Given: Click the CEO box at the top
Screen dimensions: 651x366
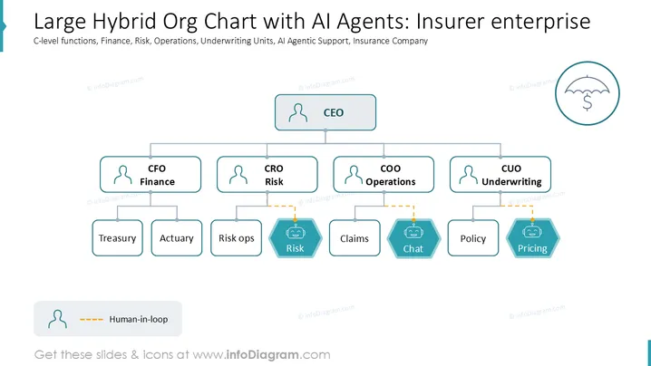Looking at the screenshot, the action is [x=325, y=112].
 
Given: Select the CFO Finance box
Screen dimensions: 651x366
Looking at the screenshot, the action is [x=151, y=174].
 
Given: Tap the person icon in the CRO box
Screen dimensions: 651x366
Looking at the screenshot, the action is [x=238, y=175].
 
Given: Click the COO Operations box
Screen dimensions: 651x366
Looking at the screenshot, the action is [x=384, y=174].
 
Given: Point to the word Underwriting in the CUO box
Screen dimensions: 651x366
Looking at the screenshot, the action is [x=511, y=182].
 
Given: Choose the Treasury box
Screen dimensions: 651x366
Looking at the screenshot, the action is [x=118, y=237].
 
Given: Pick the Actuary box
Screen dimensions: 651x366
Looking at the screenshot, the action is [x=177, y=237].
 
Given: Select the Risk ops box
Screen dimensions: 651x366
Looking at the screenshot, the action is [x=237, y=237].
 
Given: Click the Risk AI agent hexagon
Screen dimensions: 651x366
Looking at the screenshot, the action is [x=296, y=238].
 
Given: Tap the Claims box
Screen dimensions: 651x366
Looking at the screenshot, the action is [x=355, y=237].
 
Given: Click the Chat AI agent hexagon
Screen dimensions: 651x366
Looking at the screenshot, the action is [x=413, y=238].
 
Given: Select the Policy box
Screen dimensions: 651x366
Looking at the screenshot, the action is [x=473, y=237].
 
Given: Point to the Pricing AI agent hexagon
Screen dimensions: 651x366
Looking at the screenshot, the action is [x=532, y=238].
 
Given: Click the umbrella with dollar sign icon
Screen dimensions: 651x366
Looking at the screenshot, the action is [x=587, y=93].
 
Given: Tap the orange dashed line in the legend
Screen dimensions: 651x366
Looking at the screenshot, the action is [x=92, y=320].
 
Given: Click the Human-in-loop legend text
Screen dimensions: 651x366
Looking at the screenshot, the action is [x=139, y=319].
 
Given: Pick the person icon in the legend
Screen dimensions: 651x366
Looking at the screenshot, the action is [x=57, y=319].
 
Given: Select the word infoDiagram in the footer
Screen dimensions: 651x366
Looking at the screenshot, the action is [x=262, y=355].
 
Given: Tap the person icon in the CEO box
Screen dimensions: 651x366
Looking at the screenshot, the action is [x=298, y=113].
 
